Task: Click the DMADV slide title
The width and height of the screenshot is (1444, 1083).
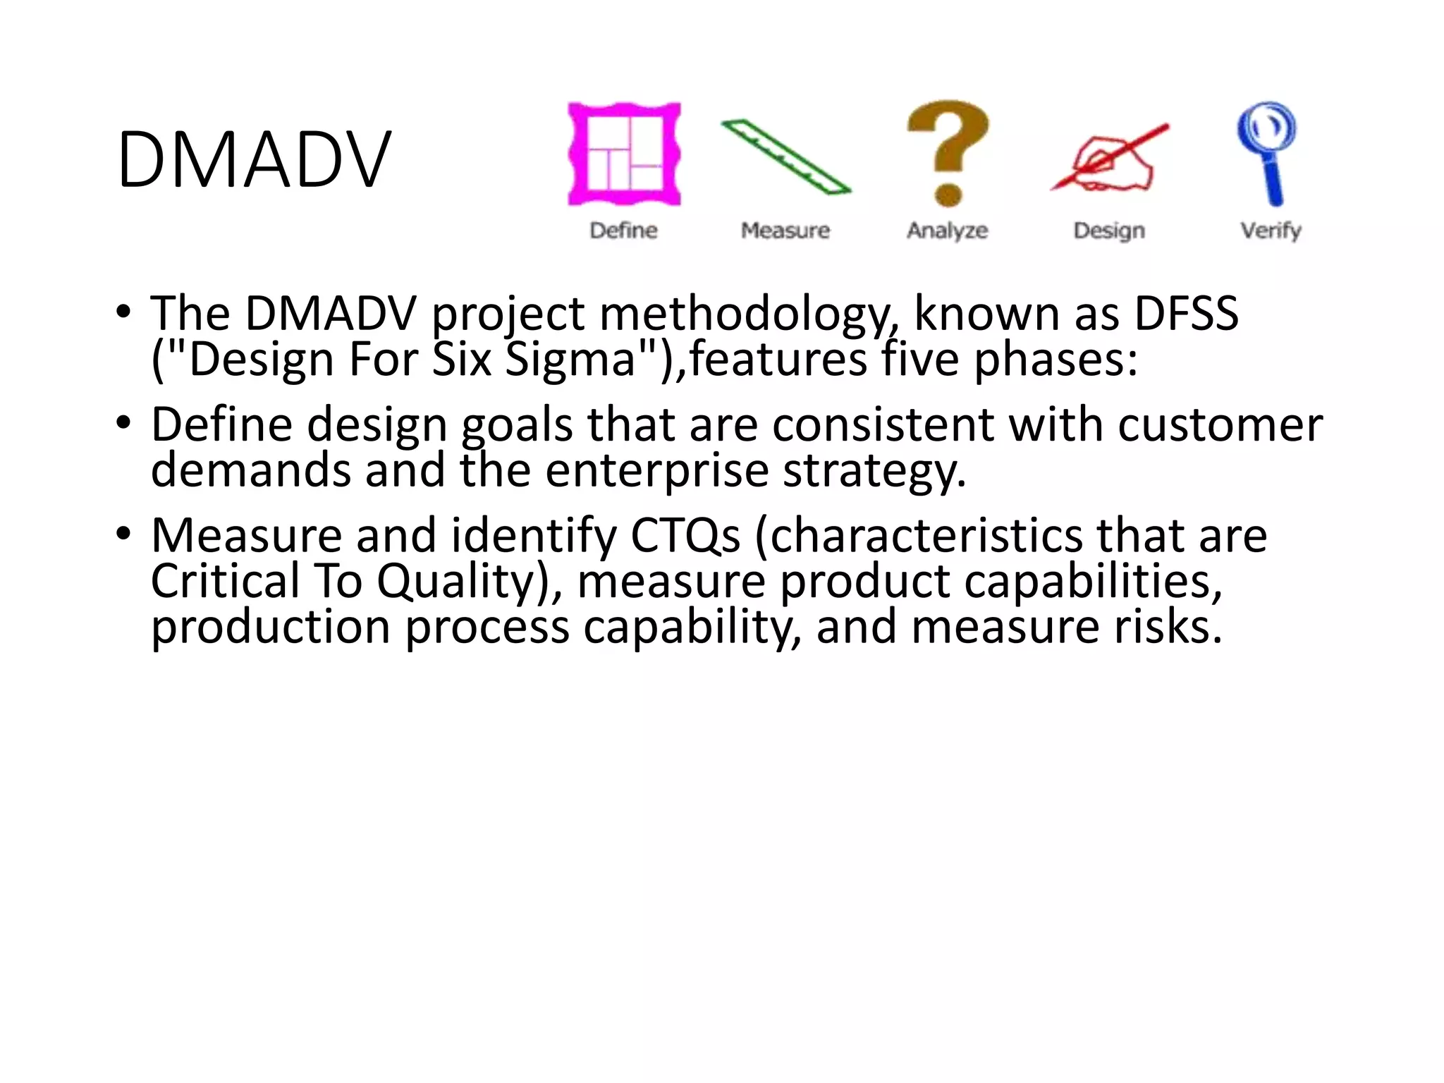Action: (x=253, y=160)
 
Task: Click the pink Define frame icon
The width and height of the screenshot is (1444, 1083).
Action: (x=624, y=154)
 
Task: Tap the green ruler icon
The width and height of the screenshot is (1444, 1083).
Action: (x=785, y=157)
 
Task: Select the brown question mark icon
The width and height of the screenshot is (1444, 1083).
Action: (x=948, y=152)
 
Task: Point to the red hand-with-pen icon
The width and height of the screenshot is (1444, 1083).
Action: (x=1109, y=158)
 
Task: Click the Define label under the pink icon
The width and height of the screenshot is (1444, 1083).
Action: (x=624, y=231)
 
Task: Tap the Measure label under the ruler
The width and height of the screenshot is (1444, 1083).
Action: (x=785, y=231)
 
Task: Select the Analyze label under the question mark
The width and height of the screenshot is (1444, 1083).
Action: (x=948, y=231)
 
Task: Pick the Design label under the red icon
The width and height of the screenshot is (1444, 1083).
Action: (x=1109, y=231)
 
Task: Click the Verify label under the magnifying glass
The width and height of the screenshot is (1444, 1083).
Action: (x=1271, y=231)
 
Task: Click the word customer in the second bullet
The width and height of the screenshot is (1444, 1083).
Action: (x=1220, y=425)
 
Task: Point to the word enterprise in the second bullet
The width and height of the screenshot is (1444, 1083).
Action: (x=656, y=471)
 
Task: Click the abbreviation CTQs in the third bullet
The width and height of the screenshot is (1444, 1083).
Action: (x=685, y=536)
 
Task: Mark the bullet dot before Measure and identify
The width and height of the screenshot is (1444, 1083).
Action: (x=123, y=533)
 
